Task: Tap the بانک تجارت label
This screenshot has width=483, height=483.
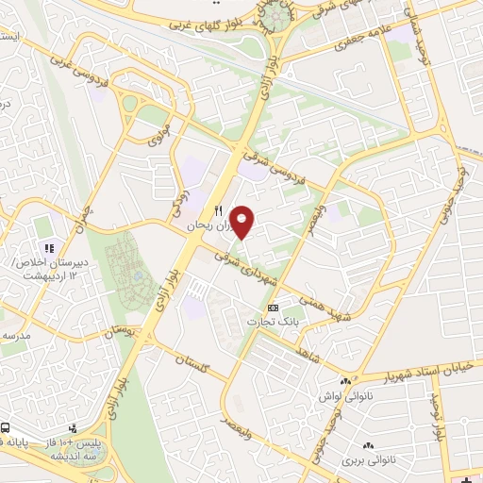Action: [x=266, y=323]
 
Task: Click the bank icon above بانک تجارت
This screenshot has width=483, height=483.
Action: [x=274, y=308]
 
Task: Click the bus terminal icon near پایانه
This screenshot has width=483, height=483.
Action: [x=5, y=426]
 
